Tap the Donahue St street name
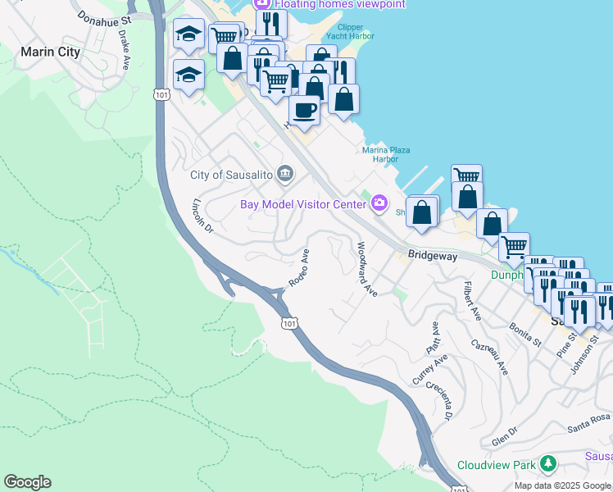(x=104, y=16)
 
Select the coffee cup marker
(x=305, y=109)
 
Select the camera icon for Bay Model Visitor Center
(x=379, y=203)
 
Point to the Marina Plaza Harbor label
(x=386, y=154)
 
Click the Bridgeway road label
(x=434, y=256)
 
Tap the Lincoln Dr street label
(x=202, y=216)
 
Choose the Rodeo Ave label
(x=298, y=268)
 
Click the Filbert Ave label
(x=470, y=301)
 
